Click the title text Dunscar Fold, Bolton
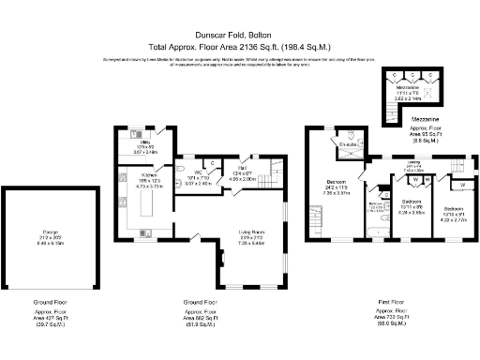(239, 31)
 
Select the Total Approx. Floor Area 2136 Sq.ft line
(239, 45)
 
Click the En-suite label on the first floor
(347, 146)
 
